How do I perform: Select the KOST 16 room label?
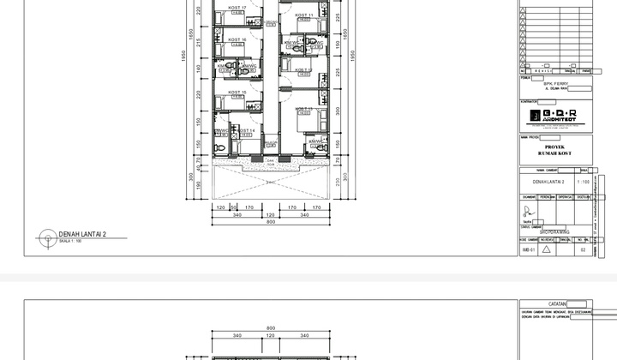[x=231, y=39]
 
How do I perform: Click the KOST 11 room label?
[x=304, y=15]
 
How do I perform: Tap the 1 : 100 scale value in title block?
[x=583, y=182]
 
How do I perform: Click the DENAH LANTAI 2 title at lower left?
[x=82, y=233]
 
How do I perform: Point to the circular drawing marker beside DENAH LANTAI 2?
[x=44, y=236]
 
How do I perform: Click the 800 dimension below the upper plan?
[x=271, y=222]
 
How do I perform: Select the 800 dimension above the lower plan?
[x=271, y=328]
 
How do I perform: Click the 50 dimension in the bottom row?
[x=233, y=207]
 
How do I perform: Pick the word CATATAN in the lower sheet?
[x=554, y=303]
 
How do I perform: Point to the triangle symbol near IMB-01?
[x=546, y=249]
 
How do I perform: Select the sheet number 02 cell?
[x=583, y=249]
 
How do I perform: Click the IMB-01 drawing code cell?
[x=527, y=249]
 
